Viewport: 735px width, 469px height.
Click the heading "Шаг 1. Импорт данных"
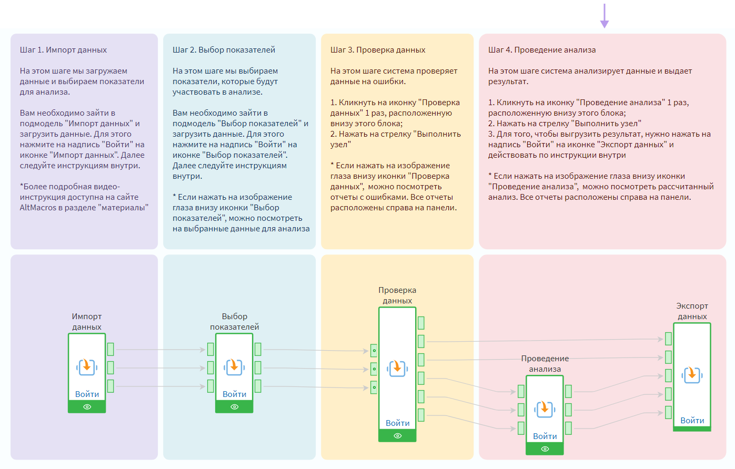[63, 50]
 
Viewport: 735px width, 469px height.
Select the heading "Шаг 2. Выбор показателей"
[224, 50]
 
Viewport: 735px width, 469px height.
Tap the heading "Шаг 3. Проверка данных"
[378, 50]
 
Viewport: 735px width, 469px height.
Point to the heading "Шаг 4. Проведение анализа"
[542, 50]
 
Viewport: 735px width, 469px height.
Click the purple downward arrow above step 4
[605, 16]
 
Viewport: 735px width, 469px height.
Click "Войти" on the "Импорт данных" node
[87, 394]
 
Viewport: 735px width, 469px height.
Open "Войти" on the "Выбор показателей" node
[234, 394]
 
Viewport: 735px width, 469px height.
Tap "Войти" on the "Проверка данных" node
[397, 423]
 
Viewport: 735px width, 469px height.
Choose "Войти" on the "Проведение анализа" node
[545, 436]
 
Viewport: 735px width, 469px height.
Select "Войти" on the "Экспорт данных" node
[692, 420]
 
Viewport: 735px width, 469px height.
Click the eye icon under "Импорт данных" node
[87, 407]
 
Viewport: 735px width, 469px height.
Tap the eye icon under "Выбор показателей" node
[234, 407]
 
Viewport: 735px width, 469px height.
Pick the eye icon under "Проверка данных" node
[397, 436]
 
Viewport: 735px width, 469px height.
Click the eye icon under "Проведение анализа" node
[545, 449]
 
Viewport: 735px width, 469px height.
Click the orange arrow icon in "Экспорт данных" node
[692, 374]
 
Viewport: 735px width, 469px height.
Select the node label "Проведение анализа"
[545, 363]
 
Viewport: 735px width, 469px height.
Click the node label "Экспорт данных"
[692, 311]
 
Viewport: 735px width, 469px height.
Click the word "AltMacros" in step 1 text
[37, 208]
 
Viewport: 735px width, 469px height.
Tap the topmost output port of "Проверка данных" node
[421, 323]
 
